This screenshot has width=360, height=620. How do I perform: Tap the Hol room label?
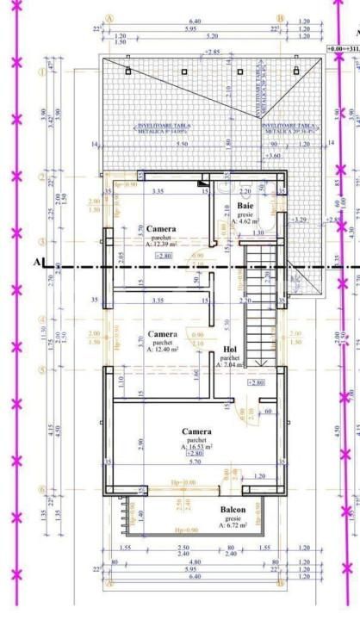point(229,350)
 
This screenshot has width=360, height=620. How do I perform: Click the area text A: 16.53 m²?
point(196,447)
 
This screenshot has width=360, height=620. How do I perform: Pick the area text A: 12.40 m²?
point(162,350)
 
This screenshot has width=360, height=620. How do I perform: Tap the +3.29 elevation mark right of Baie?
point(300,220)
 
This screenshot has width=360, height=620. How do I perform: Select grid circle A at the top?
point(109,16)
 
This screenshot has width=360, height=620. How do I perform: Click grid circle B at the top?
point(280,16)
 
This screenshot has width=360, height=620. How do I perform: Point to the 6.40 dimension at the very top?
point(195,21)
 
